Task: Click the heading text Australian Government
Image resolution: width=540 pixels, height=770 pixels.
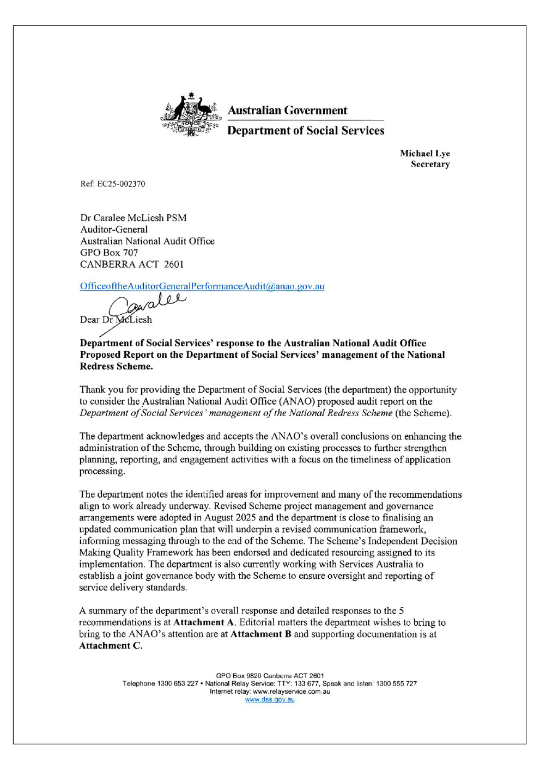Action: tap(287, 111)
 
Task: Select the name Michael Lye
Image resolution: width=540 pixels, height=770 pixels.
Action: tap(424, 154)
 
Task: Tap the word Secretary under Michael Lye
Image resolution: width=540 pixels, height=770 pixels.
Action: tap(430, 164)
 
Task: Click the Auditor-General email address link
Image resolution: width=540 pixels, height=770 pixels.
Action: tap(202, 286)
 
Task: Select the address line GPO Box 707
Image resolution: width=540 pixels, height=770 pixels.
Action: tap(109, 253)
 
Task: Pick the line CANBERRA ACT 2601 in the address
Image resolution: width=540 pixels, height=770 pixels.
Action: tap(132, 265)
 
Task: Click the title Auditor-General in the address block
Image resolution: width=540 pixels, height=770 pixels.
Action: tap(114, 230)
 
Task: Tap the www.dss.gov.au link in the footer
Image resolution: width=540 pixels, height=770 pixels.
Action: tap(270, 700)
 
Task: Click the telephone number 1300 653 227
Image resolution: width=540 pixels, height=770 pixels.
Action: tap(177, 684)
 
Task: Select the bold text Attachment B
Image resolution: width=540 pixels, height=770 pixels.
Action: tap(260, 634)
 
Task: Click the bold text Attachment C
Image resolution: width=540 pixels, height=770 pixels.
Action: tap(110, 646)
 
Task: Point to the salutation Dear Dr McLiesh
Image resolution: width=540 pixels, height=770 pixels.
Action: tap(116, 320)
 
